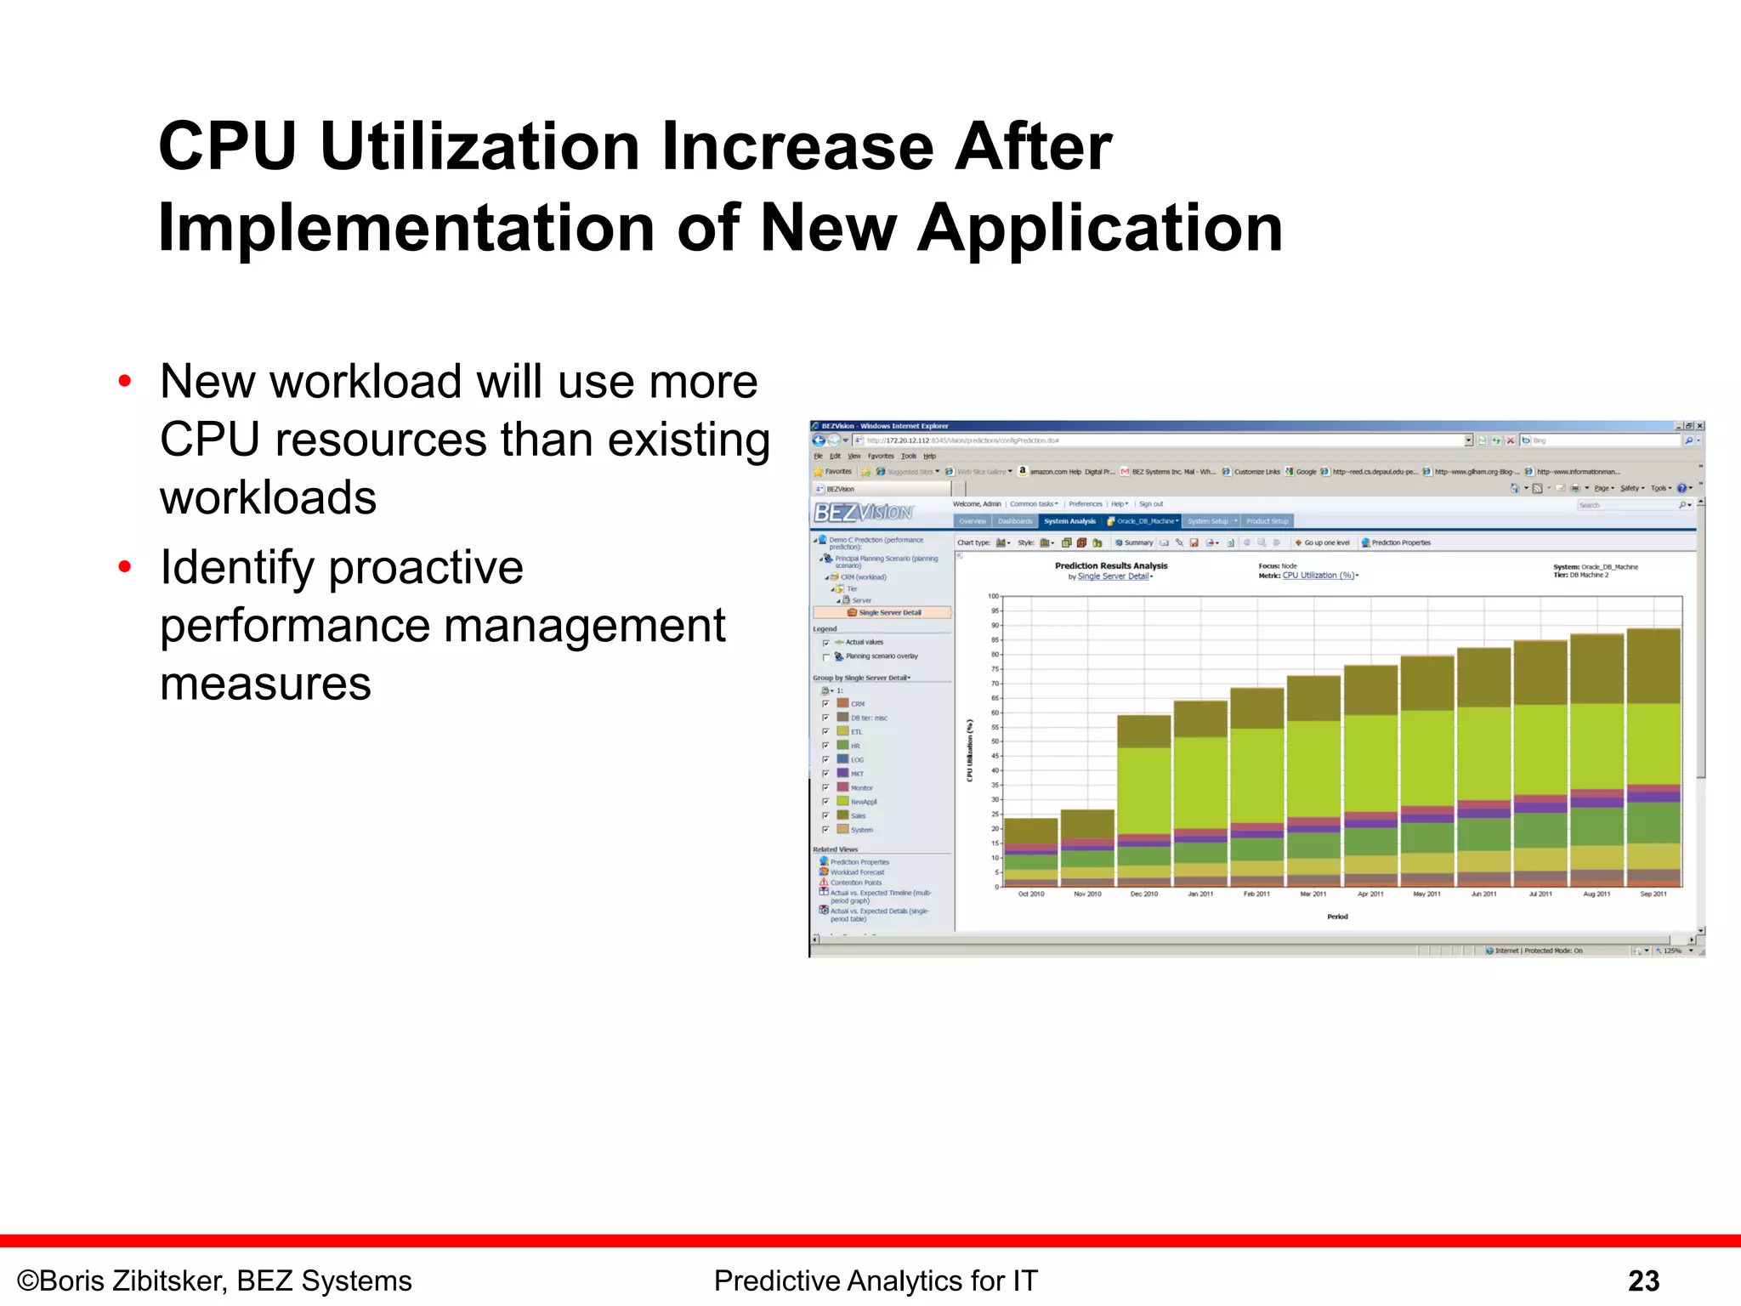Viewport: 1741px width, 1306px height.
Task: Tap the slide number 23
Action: (1643, 1280)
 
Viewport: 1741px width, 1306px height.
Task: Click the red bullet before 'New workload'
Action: (125, 381)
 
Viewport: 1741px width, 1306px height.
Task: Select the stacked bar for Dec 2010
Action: (1144, 799)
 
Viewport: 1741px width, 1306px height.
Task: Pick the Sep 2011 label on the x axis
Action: (1653, 894)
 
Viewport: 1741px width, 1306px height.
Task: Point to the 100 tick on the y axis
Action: (993, 596)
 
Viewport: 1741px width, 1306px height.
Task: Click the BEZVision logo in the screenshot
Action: (863, 512)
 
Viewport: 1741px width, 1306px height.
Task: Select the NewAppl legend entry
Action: (863, 802)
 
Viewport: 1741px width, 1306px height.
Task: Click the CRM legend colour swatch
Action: (842, 703)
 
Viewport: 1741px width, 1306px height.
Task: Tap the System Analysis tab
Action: (1069, 521)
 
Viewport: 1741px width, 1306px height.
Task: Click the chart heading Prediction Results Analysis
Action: (1111, 565)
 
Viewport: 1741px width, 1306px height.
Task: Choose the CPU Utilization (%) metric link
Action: (1318, 576)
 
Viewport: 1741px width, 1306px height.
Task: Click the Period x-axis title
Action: (1337, 917)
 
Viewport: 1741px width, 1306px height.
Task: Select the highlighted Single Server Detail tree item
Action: (888, 612)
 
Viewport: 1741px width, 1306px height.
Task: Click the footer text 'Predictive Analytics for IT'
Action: (876, 1280)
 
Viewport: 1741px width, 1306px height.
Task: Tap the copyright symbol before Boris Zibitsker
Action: (27, 1281)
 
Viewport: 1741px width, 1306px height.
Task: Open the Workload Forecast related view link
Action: (857, 872)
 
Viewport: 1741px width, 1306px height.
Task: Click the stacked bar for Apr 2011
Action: (1370, 774)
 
